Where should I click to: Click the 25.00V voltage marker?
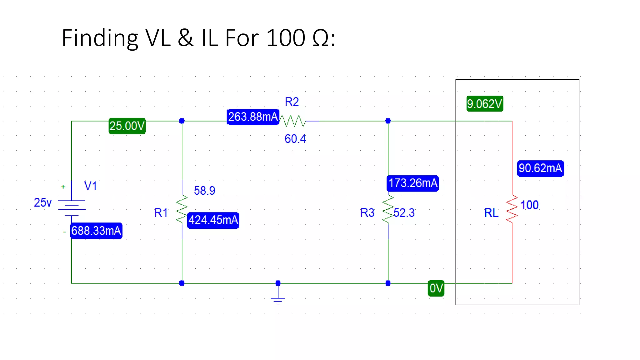coord(127,126)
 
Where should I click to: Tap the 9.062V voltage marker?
coord(484,104)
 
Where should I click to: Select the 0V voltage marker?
coord(436,288)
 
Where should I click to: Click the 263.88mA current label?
coord(253,117)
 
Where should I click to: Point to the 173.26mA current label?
coord(412,183)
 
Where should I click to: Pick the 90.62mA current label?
coord(540,168)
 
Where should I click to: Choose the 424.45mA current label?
coord(213,220)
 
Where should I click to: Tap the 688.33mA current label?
coord(96,231)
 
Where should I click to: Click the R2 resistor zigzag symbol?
coord(292,121)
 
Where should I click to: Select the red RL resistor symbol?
coord(512,209)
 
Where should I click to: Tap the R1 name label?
coord(161,213)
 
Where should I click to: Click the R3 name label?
coord(367,213)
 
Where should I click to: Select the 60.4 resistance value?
coord(295,139)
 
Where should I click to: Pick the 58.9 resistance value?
coord(204,191)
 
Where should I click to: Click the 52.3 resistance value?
coord(404,213)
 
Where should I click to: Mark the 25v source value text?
coord(42,203)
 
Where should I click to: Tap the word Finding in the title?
coord(100,38)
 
